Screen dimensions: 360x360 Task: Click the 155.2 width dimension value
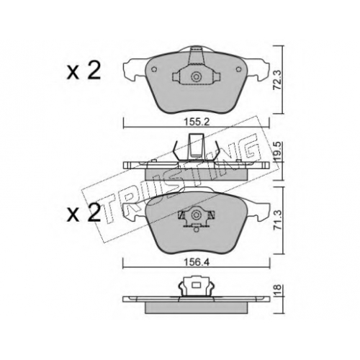click(197, 122)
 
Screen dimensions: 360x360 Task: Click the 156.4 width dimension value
click(197, 262)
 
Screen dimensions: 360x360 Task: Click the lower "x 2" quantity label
click(84, 212)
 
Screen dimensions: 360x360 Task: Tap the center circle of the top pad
click(197, 77)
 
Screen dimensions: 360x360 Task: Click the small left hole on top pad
click(155, 69)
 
